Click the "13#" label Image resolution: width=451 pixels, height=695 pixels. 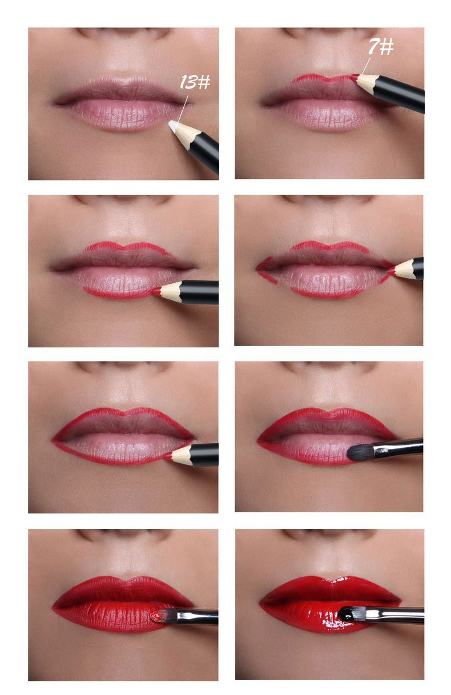(195, 82)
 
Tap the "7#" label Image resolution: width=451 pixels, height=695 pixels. (380, 46)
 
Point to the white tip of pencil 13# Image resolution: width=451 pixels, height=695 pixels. (173, 124)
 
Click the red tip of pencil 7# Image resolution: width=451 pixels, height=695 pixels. (354, 76)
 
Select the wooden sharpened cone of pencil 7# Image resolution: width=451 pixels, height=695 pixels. (367, 82)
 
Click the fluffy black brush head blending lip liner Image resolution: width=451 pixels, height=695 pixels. (359, 452)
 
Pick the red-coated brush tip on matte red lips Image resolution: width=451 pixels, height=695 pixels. (155, 616)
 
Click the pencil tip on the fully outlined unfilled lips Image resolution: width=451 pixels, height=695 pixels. (168, 456)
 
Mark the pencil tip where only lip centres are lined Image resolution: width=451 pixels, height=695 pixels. (155, 291)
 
